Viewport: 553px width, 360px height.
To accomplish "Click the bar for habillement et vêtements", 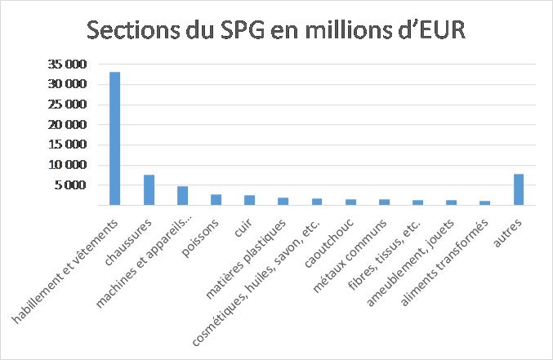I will pyautogui.click(x=115, y=139).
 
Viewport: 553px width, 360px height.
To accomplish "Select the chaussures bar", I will pyautogui.click(x=149, y=190).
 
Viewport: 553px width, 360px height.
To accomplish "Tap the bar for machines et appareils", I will pyautogui.click(x=183, y=196).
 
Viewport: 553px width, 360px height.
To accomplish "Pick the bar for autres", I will pyautogui.click(x=519, y=189).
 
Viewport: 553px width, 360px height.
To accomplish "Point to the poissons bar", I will pyautogui.click(x=216, y=200).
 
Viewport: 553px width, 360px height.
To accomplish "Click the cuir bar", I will pyautogui.click(x=250, y=200).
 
